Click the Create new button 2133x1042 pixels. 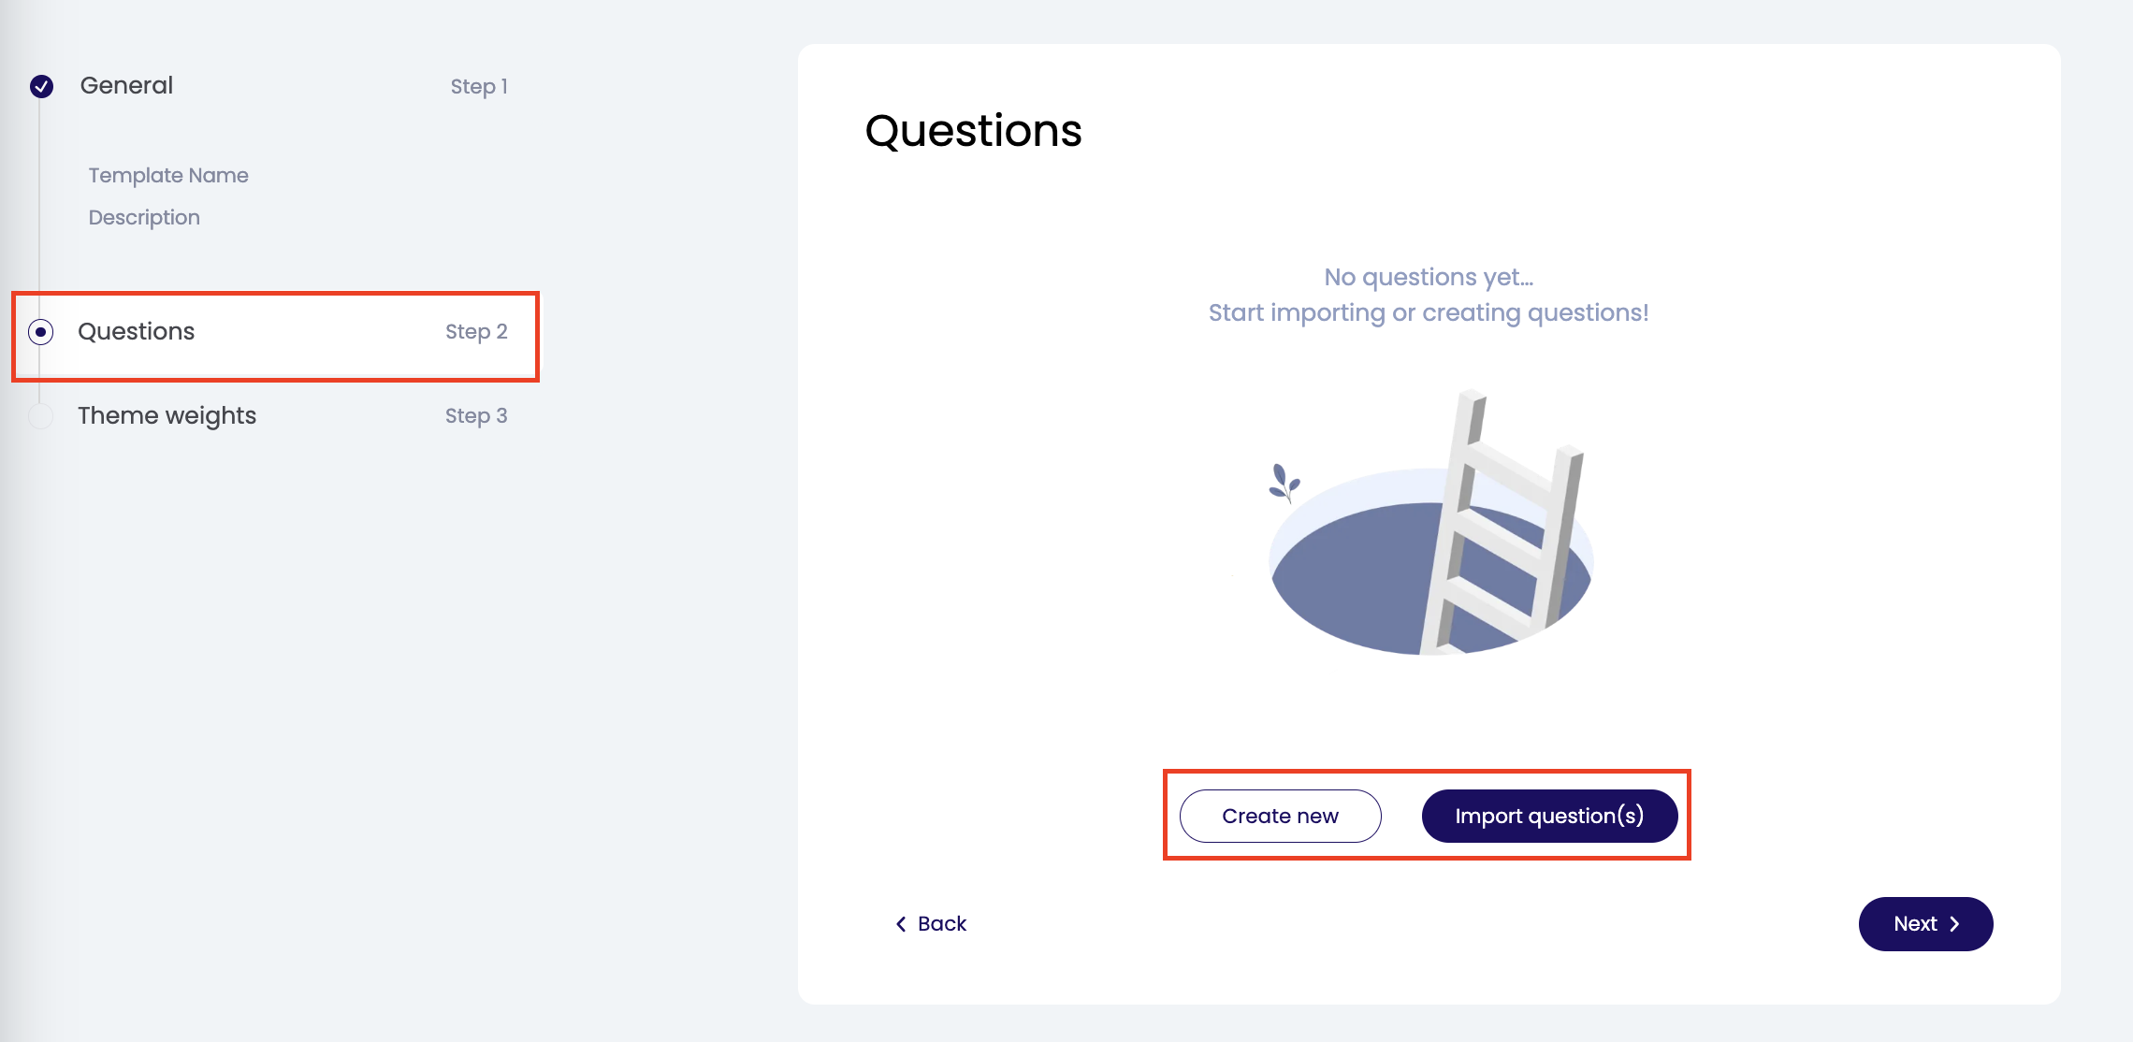[1280, 816]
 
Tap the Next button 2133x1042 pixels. [1925, 924]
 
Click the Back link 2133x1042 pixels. [931, 924]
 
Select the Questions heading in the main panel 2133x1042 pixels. [973, 131]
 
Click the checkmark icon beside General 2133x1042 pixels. [41, 86]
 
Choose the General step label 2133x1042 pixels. [126, 85]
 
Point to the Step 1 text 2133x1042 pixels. [479, 86]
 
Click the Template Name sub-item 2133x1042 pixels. [168, 175]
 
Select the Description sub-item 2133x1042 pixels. [144, 217]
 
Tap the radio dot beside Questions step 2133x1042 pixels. [40, 332]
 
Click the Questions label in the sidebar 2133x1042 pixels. [137, 331]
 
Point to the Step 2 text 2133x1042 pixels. [476, 331]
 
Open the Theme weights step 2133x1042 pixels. [167, 415]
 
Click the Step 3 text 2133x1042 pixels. [476, 415]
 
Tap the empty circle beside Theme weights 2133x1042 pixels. [40, 416]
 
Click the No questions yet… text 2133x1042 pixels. [1429, 277]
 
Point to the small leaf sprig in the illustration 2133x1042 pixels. [1284, 484]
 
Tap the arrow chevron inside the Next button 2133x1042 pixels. [1954, 924]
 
